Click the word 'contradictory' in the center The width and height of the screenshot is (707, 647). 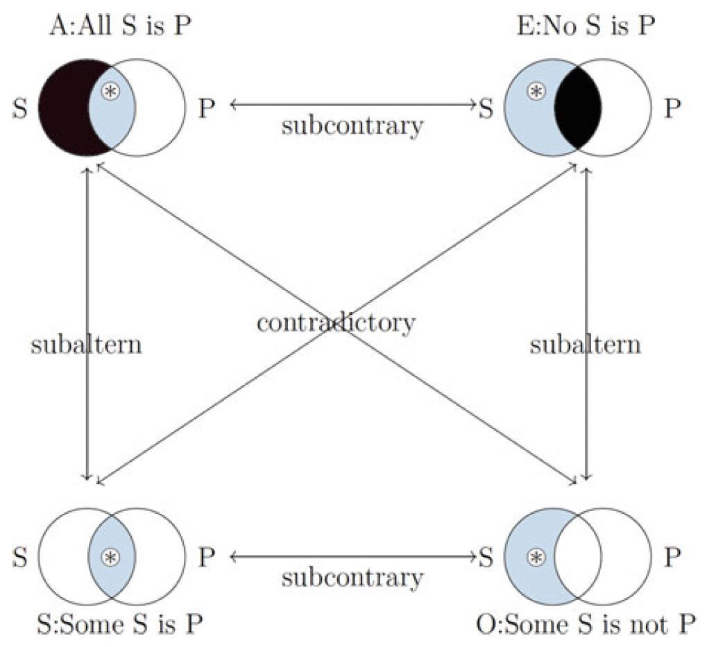(x=336, y=322)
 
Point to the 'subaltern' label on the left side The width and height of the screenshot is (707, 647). (x=86, y=344)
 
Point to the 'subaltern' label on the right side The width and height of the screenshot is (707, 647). (x=586, y=344)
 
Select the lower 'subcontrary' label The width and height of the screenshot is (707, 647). (x=352, y=577)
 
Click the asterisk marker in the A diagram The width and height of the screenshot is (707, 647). (x=109, y=91)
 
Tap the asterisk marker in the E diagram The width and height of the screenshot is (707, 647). (x=534, y=91)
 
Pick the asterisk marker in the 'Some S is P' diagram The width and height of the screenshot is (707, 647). (x=109, y=556)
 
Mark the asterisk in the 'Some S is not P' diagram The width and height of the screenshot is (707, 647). (x=534, y=556)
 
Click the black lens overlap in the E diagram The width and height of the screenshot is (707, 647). (x=579, y=107)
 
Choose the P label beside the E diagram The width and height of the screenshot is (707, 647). (x=672, y=109)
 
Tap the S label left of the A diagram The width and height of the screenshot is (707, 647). (x=19, y=109)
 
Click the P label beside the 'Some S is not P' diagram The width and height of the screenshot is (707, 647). (x=672, y=557)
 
